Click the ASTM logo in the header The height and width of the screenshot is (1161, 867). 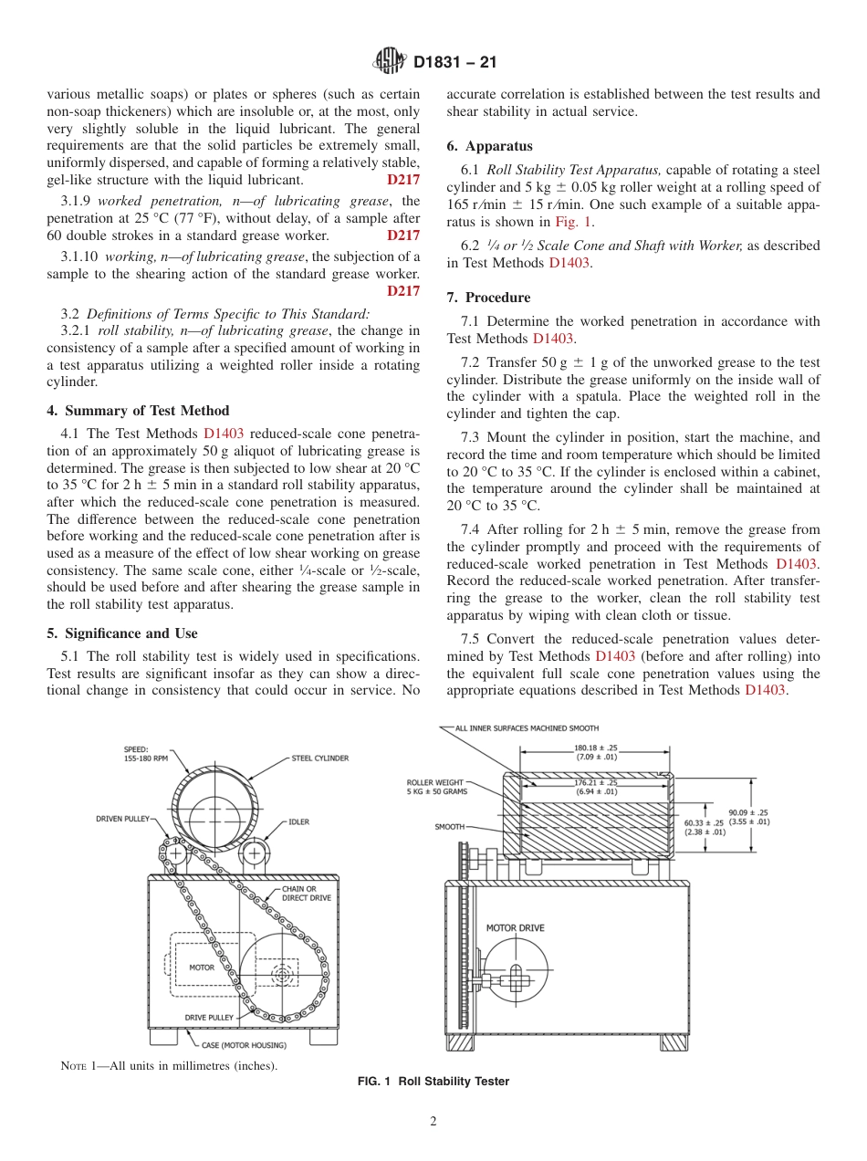390,62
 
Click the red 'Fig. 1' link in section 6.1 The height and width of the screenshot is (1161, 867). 574,222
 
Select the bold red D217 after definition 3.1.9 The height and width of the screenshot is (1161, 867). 403,235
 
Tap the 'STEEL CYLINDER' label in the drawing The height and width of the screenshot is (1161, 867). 319,758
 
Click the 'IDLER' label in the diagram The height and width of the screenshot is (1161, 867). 298,821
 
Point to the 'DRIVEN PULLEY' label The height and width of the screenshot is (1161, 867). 123,819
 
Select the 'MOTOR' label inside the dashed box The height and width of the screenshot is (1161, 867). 202,967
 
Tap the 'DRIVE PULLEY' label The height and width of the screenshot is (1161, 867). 209,1017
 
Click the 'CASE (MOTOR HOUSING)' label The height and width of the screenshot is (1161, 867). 244,1045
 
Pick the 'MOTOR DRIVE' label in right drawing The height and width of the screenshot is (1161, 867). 515,928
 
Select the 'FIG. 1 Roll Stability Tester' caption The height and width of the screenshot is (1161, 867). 433,1082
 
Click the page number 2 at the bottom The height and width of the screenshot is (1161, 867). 433,1122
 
